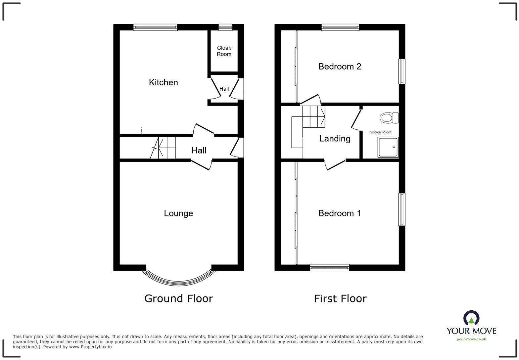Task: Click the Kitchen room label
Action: pos(163,82)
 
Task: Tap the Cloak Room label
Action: pos(224,51)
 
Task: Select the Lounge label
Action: pos(178,213)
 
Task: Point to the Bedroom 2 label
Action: pos(340,67)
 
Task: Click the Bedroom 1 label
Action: pos(339,213)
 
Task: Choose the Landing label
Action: pos(335,139)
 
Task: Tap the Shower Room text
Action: pos(381,132)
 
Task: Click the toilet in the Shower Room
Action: pos(389,118)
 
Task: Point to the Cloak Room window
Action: pos(225,27)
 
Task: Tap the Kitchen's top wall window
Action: pos(155,27)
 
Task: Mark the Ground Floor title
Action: pos(178,298)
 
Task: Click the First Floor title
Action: pos(340,299)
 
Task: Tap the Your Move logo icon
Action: pos(471,318)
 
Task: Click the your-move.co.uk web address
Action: pos(471,339)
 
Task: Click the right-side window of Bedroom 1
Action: pos(402,209)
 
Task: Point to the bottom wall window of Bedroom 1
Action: pos(329,267)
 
